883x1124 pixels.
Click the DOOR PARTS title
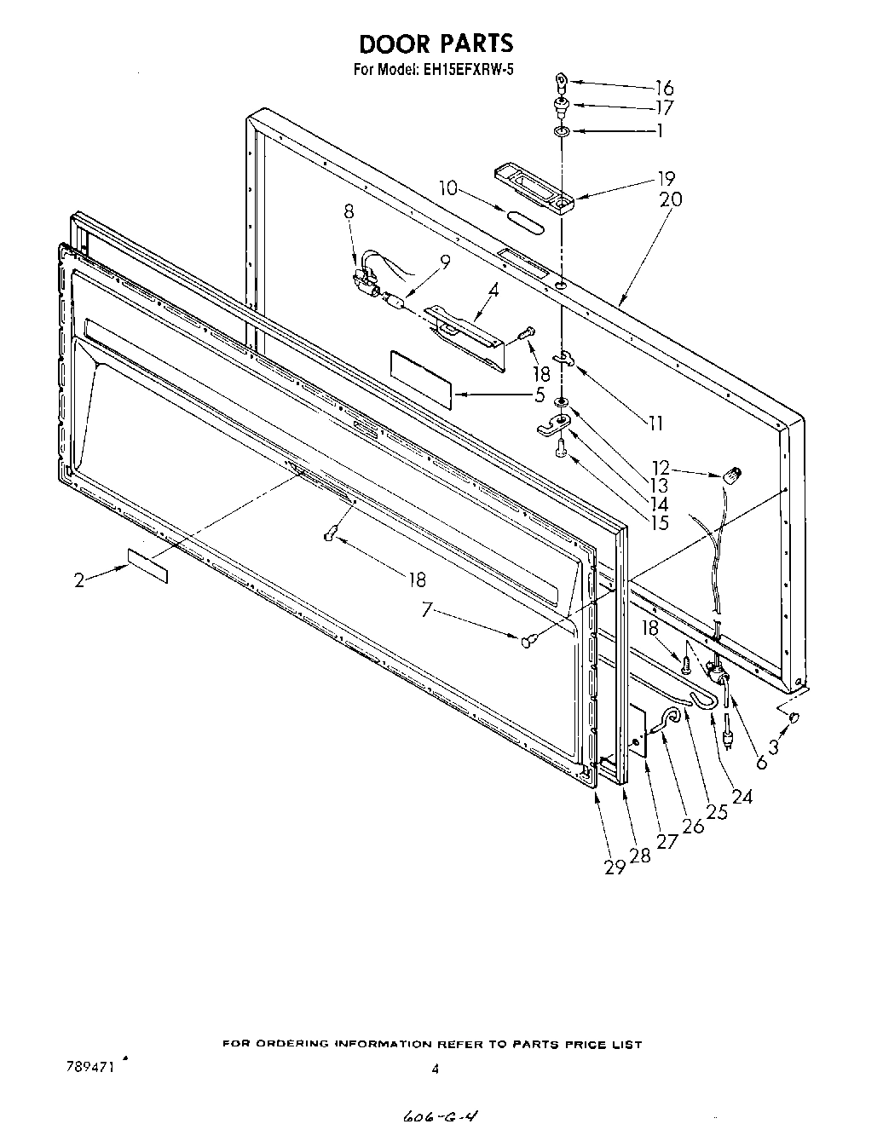click(435, 43)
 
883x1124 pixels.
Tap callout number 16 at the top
click(664, 88)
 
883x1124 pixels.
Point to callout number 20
click(671, 199)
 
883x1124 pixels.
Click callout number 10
click(448, 188)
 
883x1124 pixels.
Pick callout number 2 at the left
click(79, 580)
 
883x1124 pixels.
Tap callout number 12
click(661, 468)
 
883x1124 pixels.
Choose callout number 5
click(539, 395)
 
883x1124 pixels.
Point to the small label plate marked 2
click(147, 566)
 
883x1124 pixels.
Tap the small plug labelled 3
click(794, 718)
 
